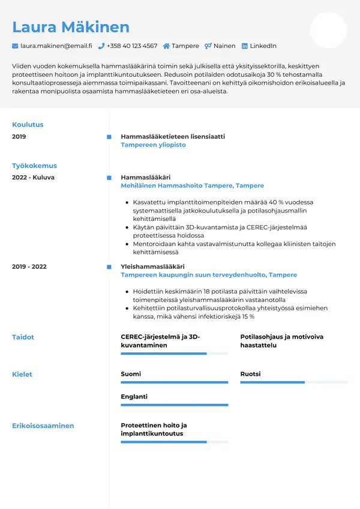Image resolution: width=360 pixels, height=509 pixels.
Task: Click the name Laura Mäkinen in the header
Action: click(71, 27)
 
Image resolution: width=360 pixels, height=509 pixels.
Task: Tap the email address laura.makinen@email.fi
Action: click(56, 46)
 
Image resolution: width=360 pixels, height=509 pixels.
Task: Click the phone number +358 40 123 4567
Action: click(131, 46)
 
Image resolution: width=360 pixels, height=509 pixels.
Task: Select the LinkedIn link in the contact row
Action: click(263, 46)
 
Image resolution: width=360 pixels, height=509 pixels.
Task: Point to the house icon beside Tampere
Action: click(166, 46)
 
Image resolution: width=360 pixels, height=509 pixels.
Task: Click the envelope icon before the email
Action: click(15, 46)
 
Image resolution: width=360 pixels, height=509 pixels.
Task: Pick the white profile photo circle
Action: click(328, 30)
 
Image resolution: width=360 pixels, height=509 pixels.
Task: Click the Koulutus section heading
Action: click(28, 125)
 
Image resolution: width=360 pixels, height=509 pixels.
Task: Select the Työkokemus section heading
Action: click(34, 166)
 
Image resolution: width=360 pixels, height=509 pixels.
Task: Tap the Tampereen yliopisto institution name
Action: click(153, 145)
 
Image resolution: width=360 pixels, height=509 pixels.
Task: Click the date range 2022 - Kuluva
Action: click(33, 178)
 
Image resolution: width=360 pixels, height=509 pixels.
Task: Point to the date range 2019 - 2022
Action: click(29, 267)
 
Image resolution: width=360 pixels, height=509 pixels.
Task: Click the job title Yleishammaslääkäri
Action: click(152, 267)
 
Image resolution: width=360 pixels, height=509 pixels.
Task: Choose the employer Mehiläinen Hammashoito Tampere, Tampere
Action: click(192, 186)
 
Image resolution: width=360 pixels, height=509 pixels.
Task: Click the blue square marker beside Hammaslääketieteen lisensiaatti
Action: click(109, 137)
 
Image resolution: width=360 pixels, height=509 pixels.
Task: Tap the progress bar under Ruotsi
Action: click(294, 382)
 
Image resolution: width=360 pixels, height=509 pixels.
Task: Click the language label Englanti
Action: click(134, 397)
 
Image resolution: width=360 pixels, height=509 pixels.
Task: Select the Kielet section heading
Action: click(22, 375)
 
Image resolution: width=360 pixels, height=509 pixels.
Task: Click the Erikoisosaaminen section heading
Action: click(43, 426)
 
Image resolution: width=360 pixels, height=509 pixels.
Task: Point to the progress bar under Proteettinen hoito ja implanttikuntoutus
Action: click(174, 442)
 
